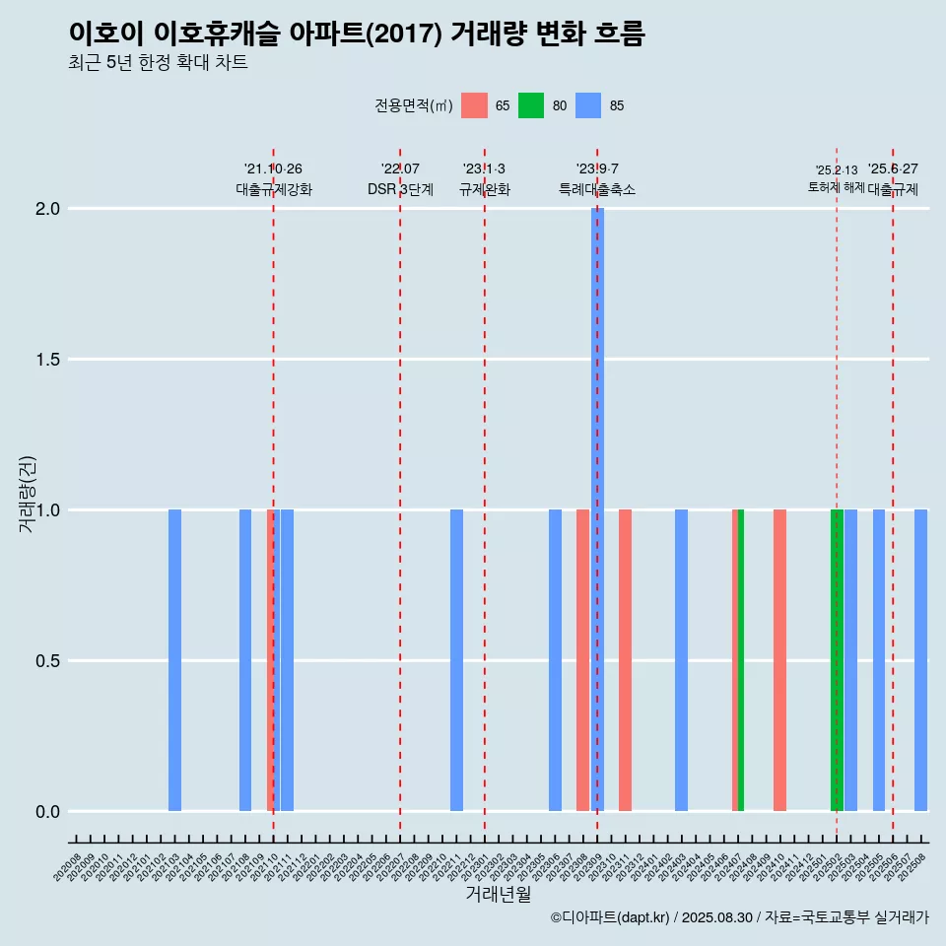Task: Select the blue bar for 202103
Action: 174,660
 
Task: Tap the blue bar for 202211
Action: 456,660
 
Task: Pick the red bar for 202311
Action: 625,660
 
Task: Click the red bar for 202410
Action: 779,660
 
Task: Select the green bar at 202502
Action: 837,660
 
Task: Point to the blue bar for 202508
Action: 920,660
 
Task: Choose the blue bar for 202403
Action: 681,660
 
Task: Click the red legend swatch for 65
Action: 474,105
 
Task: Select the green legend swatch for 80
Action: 531,105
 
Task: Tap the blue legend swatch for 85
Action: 588,105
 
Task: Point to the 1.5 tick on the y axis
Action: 48,360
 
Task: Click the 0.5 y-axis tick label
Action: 48,661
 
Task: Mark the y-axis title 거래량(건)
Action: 27,493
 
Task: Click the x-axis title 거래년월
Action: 498,894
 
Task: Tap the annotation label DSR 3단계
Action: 400,189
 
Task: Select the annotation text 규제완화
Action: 485,189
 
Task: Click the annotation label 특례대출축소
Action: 597,189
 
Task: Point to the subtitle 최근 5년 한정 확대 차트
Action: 158,63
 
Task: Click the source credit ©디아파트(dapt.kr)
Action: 610,917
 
